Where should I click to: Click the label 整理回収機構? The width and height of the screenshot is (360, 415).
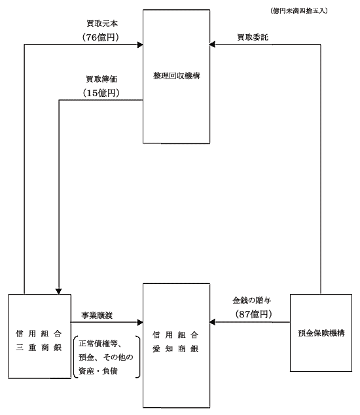177,76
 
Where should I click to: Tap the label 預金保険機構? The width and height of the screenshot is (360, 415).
321,333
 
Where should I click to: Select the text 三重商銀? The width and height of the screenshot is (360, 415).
39,347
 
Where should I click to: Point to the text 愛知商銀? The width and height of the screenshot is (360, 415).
175,349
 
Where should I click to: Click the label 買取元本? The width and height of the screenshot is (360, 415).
102,24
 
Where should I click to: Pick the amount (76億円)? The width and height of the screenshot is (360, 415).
101,37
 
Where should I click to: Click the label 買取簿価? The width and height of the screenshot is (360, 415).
101,79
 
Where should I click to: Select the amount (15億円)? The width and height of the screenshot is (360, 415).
101,93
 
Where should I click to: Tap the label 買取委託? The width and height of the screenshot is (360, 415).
253,37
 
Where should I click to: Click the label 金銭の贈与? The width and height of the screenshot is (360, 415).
252,300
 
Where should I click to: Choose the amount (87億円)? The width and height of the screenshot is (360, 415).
253,314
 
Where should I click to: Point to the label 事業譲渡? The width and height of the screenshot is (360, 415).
97,316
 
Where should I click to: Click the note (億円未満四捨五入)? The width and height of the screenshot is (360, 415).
299,11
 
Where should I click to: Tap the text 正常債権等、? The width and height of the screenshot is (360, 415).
100,344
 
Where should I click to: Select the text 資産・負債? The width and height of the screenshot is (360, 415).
98,371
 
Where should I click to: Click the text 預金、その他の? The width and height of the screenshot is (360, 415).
106,357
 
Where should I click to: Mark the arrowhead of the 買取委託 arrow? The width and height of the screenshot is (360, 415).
212,45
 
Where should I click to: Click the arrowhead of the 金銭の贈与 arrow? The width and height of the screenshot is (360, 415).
212,322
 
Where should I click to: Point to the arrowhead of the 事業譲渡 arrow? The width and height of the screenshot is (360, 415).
140,322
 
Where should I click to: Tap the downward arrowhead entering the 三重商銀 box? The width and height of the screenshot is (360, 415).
59,291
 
